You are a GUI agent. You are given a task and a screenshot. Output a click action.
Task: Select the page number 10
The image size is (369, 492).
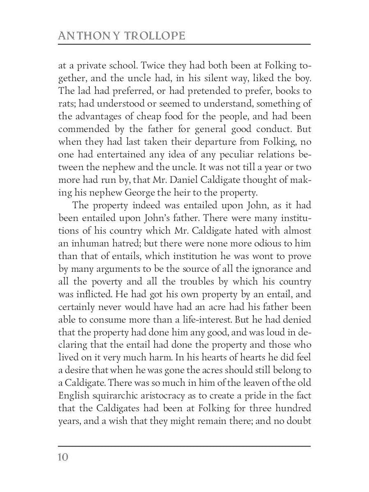(x=63, y=457)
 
